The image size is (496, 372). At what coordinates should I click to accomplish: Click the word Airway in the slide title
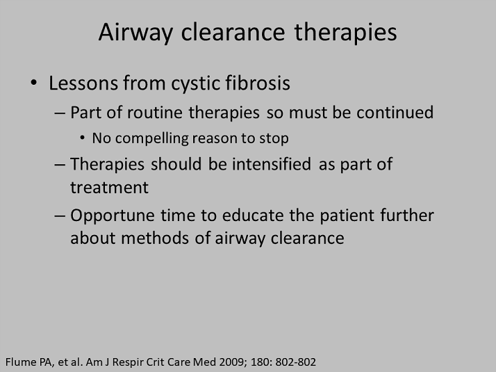tap(135, 33)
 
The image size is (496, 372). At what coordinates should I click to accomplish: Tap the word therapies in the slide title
tap(345, 33)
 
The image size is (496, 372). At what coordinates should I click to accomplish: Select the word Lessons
tap(83, 83)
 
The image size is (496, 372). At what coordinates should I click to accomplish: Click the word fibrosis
tap(258, 83)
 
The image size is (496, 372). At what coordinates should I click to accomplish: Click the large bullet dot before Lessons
tap(33, 83)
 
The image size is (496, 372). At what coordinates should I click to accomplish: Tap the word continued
tap(395, 113)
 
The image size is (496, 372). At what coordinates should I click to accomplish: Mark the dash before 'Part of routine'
tap(60, 113)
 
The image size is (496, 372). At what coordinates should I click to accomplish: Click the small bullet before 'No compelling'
tap(82, 138)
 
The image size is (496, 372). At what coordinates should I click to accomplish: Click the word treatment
tap(109, 188)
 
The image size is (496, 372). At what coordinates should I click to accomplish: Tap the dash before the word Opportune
tap(60, 216)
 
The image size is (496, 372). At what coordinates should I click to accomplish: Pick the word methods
tap(155, 238)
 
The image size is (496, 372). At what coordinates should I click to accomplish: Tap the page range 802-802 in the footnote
tap(295, 362)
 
